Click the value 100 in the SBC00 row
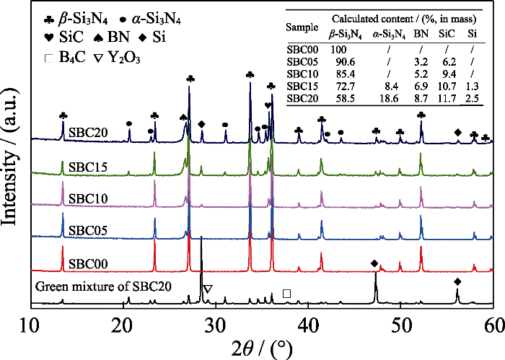pyautogui.click(x=338, y=48)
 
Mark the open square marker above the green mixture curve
pyautogui.click(x=287, y=294)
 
